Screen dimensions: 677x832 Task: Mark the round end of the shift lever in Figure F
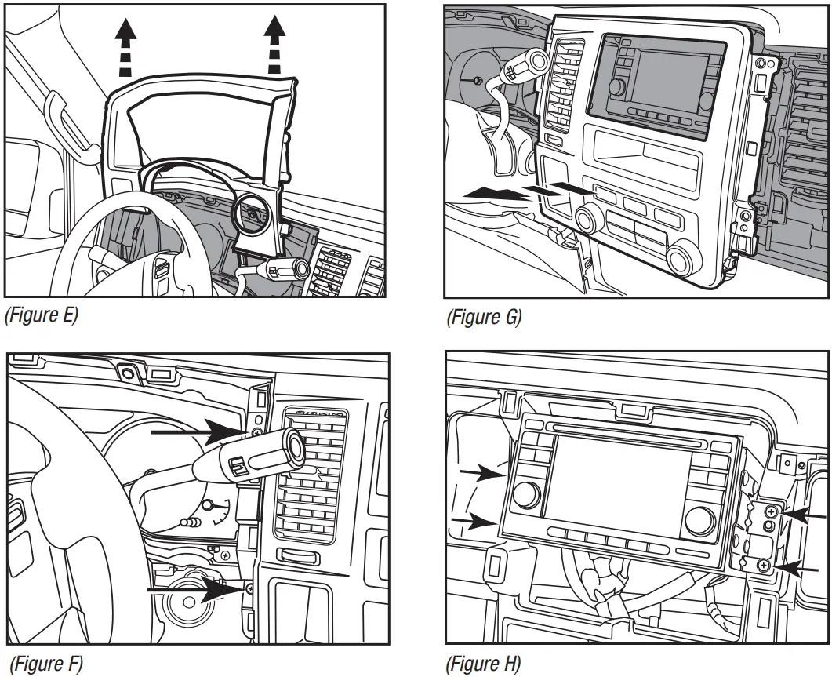pyautogui.click(x=296, y=445)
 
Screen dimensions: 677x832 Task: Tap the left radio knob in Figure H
pyautogui.click(x=526, y=493)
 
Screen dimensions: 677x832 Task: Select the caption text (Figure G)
pyautogui.click(x=484, y=317)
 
